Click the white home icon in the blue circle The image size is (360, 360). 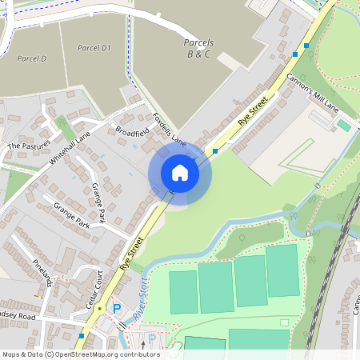pyautogui.click(x=180, y=173)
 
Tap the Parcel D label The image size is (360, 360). pyautogui.click(x=32, y=58)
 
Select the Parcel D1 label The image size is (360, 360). pyautogui.click(x=94, y=48)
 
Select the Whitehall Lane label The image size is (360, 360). pyautogui.click(x=70, y=149)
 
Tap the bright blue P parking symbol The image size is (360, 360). pyautogui.click(x=117, y=308)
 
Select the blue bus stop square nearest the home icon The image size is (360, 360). pyautogui.click(x=215, y=150)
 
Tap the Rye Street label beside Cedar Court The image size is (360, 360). pyautogui.click(x=133, y=254)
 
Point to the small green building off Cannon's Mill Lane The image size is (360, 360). pyautogui.click(x=343, y=126)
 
